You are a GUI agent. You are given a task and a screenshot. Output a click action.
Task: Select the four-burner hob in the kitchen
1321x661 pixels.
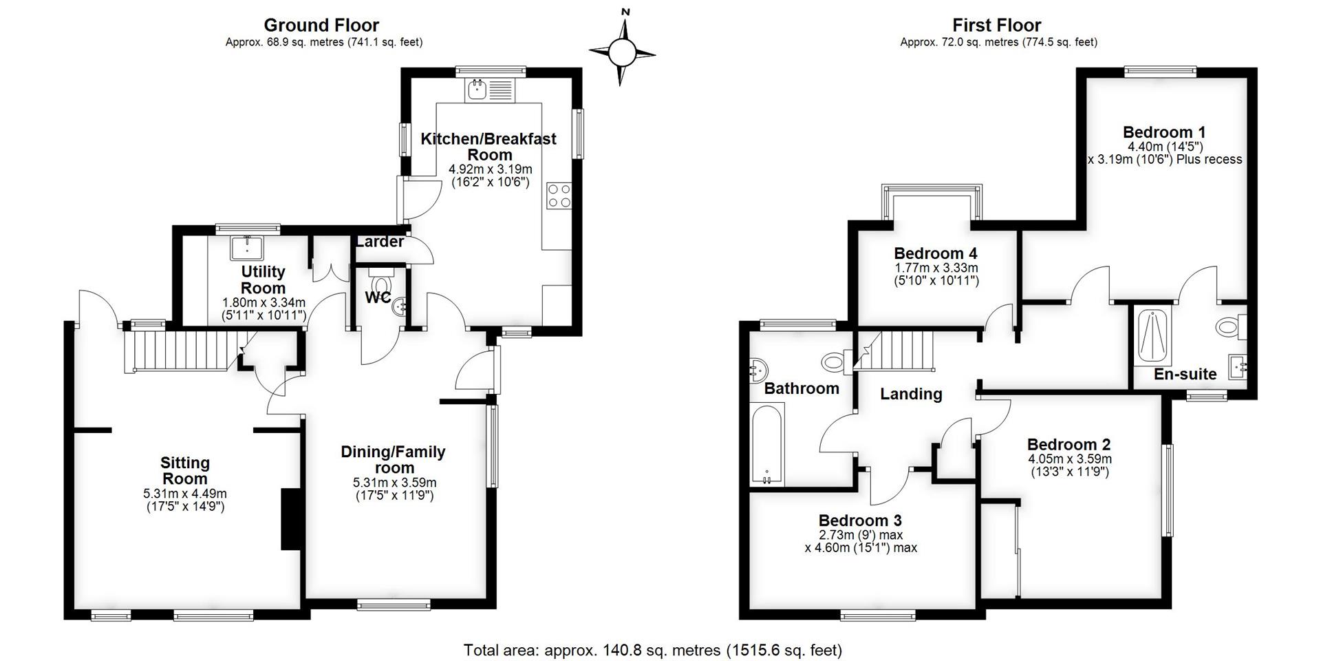coord(559,196)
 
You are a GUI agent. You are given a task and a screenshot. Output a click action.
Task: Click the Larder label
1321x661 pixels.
coord(379,242)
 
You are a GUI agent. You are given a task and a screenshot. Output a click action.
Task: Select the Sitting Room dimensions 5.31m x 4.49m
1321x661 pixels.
coord(185,494)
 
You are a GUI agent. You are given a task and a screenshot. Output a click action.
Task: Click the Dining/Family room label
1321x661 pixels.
coord(394,459)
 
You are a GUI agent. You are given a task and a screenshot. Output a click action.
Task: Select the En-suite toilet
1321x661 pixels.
coord(1232,327)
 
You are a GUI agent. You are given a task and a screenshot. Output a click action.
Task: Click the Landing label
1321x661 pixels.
coord(911,394)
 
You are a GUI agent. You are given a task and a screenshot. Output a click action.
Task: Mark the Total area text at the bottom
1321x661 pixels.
coord(653,650)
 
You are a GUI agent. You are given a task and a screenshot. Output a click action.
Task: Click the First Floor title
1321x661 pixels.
coord(997,25)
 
